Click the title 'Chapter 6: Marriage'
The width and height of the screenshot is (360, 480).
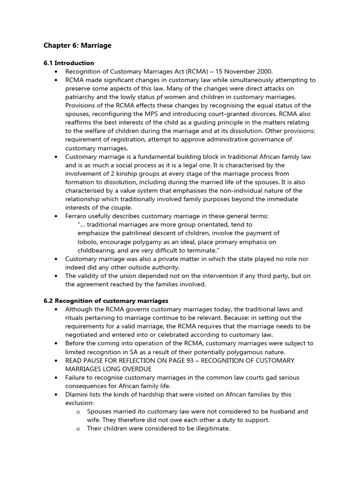pyautogui.click(x=77, y=45)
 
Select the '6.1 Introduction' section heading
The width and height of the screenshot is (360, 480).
pyautogui.click(x=68, y=63)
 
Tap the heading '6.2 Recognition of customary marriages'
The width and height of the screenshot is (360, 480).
pyautogui.click(x=105, y=300)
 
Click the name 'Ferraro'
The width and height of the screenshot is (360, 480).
pyautogui.click(x=78, y=216)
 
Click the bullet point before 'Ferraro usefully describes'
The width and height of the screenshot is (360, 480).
pyautogui.click(x=56, y=216)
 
